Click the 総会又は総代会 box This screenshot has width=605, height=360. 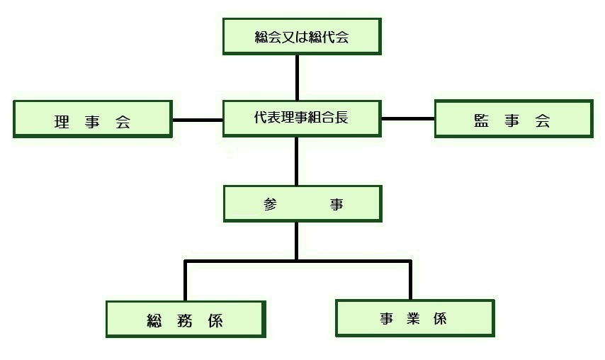point(302,37)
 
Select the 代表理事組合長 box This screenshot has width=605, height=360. point(302,118)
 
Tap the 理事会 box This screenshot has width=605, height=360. point(93,119)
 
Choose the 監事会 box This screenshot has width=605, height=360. point(513,118)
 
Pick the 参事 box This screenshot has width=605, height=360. point(302,204)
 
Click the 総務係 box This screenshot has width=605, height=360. point(186,319)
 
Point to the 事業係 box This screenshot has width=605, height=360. point(414,318)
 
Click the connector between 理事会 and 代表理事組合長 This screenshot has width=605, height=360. point(198,119)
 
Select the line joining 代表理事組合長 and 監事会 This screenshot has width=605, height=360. point(407,118)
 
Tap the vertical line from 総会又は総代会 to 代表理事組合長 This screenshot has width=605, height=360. point(297,77)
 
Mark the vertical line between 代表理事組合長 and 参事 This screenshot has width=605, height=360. point(297,161)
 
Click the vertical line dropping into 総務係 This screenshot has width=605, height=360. point(186,281)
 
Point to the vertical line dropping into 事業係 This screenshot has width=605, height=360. point(410,281)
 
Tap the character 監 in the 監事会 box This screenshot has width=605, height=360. point(482,121)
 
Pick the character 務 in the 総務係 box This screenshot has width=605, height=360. point(186,320)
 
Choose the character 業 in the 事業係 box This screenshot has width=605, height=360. point(414,318)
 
